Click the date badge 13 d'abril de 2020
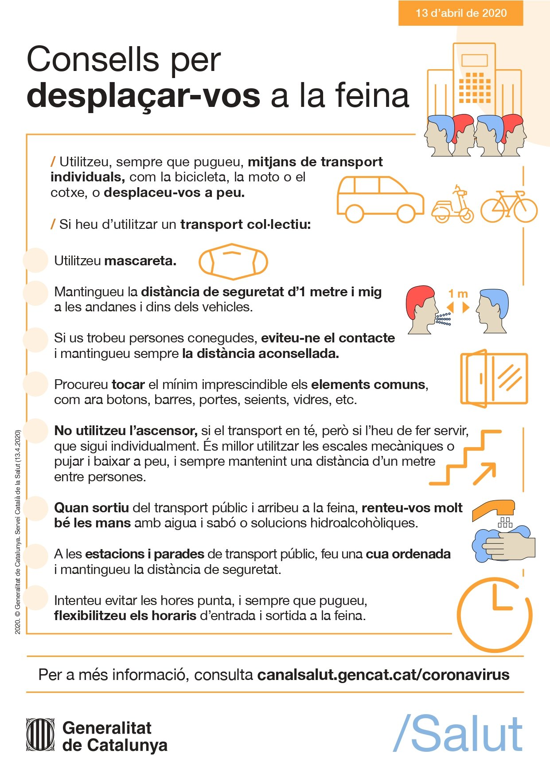tap(460, 13)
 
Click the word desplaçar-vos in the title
tap(143, 96)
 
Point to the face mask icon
tap(233, 262)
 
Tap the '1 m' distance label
tap(458, 294)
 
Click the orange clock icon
tap(495, 615)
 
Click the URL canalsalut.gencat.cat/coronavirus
tap(383, 675)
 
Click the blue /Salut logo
tap(458, 734)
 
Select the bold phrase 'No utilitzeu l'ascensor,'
tap(125, 431)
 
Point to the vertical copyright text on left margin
tap(18, 532)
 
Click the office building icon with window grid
tap(474, 80)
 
